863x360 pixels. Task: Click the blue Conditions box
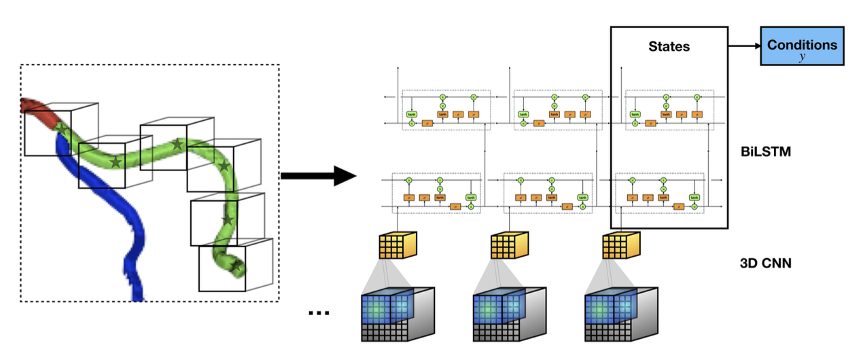pyautogui.click(x=802, y=46)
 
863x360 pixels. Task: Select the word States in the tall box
pyautogui.click(x=669, y=47)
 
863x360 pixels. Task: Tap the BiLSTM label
pyautogui.click(x=765, y=151)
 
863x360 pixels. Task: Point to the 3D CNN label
pyautogui.click(x=765, y=262)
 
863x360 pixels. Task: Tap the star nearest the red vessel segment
pyautogui.click(x=61, y=127)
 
